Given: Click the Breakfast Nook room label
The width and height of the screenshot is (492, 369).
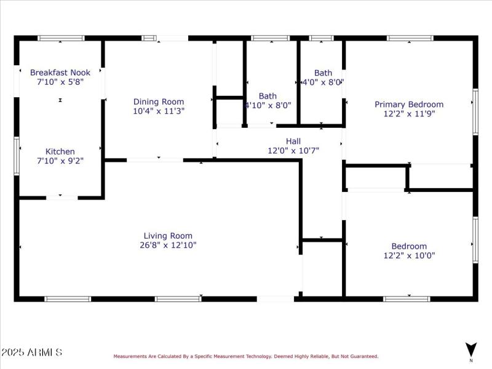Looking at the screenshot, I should pyautogui.click(x=60, y=73).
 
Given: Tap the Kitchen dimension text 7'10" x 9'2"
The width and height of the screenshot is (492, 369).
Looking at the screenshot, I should pyautogui.click(x=60, y=161).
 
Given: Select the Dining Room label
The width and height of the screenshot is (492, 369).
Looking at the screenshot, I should pyautogui.click(x=159, y=102).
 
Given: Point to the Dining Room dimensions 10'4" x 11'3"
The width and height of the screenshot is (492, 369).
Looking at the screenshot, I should pyautogui.click(x=159, y=111).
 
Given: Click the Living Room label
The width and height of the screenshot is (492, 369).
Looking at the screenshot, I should pyautogui.click(x=168, y=236).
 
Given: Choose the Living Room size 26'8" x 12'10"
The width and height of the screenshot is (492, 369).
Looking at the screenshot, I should pyautogui.click(x=168, y=245).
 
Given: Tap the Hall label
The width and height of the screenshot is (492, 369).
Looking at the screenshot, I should pyautogui.click(x=293, y=141).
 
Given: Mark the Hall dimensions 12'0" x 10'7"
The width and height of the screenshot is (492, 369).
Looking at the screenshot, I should pyautogui.click(x=293, y=150).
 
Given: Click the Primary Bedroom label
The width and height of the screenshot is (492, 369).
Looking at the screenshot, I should pyautogui.click(x=409, y=105).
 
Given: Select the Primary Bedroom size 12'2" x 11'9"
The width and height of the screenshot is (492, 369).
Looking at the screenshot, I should pyautogui.click(x=409, y=114).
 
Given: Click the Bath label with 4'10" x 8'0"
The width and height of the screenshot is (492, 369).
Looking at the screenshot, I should pyautogui.click(x=268, y=96).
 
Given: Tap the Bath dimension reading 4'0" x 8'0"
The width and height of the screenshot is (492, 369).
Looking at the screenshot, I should pyautogui.click(x=323, y=81).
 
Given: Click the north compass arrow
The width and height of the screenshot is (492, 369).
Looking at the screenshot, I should pyautogui.click(x=471, y=349).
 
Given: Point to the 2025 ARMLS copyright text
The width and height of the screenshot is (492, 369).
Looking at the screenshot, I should pyautogui.click(x=31, y=352).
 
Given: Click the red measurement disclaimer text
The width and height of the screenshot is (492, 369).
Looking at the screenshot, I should pyautogui.click(x=245, y=356).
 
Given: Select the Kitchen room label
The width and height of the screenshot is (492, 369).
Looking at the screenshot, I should pyautogui.click(x=60, y=151).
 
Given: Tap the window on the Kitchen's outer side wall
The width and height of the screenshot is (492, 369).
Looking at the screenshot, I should pyautogui.click(x=17, y=148).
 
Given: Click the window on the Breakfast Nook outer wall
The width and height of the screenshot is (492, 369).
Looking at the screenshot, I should pyautogui.click(x=61, y=38).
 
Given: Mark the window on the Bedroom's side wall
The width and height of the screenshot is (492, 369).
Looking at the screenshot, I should pyautogui.click(x=475, y=240).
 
